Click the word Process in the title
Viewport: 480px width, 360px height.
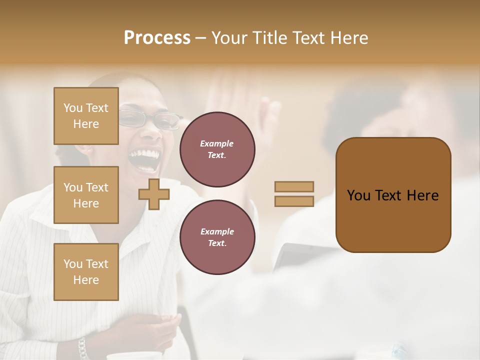coord(157,38)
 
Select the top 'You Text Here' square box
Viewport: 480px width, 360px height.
coord(86,116)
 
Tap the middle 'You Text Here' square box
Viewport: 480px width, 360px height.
coord(86,195)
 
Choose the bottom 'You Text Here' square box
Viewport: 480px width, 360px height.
coord(86,272)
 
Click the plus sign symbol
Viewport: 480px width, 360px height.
coord(154,194)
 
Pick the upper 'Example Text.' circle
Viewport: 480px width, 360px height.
coord(217,149)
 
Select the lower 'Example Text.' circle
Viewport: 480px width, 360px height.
coord(217,237)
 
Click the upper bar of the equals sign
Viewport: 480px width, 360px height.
coord(294,186)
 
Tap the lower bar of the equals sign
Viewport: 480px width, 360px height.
coord(294,201)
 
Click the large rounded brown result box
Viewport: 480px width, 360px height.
coord(393,195)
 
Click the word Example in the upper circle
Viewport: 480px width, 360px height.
coord(217,143)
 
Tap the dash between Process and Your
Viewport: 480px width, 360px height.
coord(201,38)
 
